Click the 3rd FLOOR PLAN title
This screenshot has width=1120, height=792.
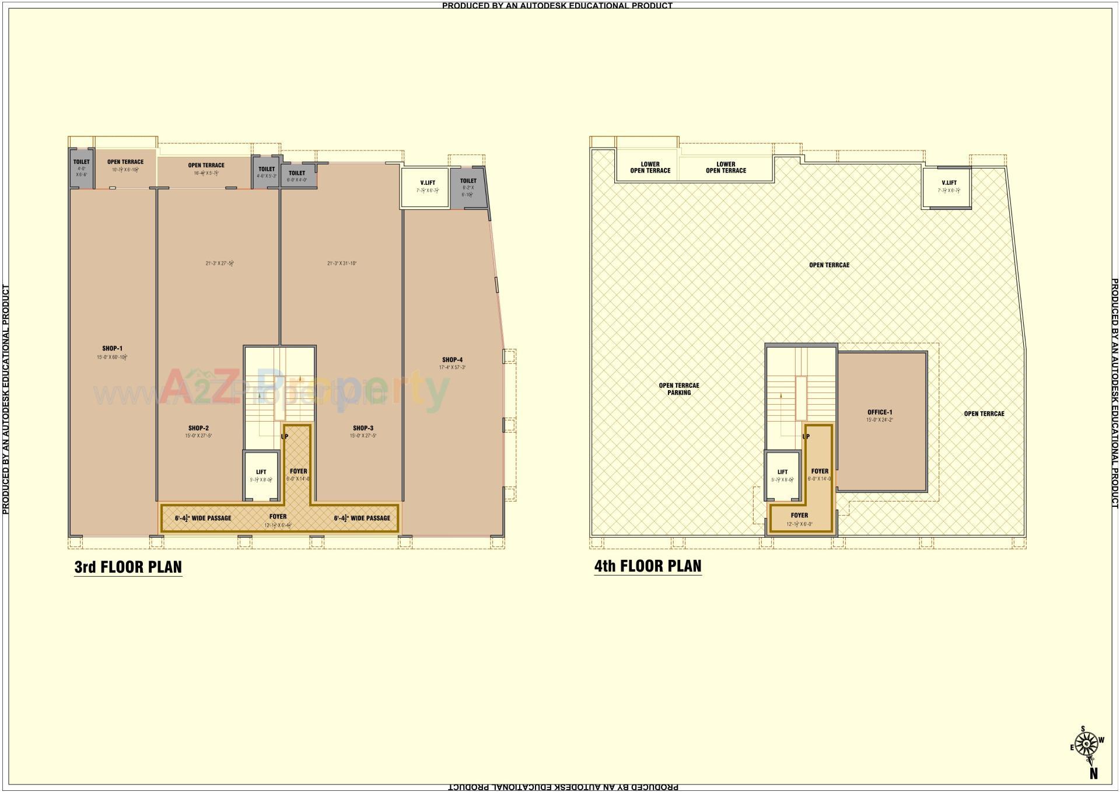(128, 567)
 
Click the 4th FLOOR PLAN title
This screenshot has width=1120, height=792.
(647, 566)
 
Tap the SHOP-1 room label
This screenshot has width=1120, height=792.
(112, 349)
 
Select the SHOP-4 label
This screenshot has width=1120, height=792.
(452, 360)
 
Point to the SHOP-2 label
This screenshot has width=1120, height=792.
(198, 428)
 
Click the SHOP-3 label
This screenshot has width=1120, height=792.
(363, 428)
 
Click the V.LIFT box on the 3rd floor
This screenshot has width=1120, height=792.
(427, 187)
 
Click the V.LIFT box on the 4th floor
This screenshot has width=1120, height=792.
(949, 187)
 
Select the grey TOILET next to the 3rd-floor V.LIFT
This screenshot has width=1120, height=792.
(468, 187)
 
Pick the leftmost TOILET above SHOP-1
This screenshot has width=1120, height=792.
(82, 167)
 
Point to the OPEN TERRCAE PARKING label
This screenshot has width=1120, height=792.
(678, 389)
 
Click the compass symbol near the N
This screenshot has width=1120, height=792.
(1087, 745)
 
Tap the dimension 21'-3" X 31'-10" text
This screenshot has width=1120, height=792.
(342, 264)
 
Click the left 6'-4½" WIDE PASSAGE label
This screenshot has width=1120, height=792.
(203, 518)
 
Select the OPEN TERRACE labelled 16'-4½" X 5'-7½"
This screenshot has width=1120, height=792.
(206, 169)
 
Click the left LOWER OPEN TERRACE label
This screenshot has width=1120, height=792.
(650, 167)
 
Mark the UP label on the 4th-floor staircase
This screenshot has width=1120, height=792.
(806, 436)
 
